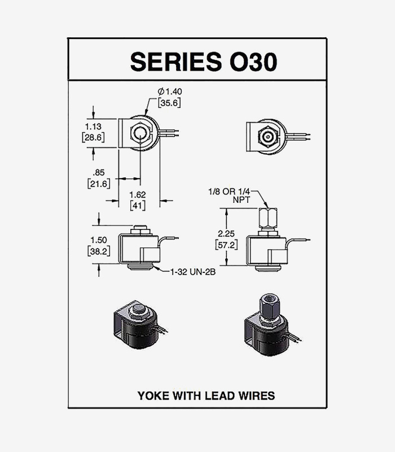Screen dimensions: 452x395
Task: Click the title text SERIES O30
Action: click(204, 62)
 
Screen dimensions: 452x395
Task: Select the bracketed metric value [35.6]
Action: click(169, 103)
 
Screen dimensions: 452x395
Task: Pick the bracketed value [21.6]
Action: click(98, 184)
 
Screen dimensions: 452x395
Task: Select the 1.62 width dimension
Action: click(138, 195)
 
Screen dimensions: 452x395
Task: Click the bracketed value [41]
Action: click(138, 206)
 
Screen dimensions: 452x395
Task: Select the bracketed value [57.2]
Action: click(227, 245)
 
